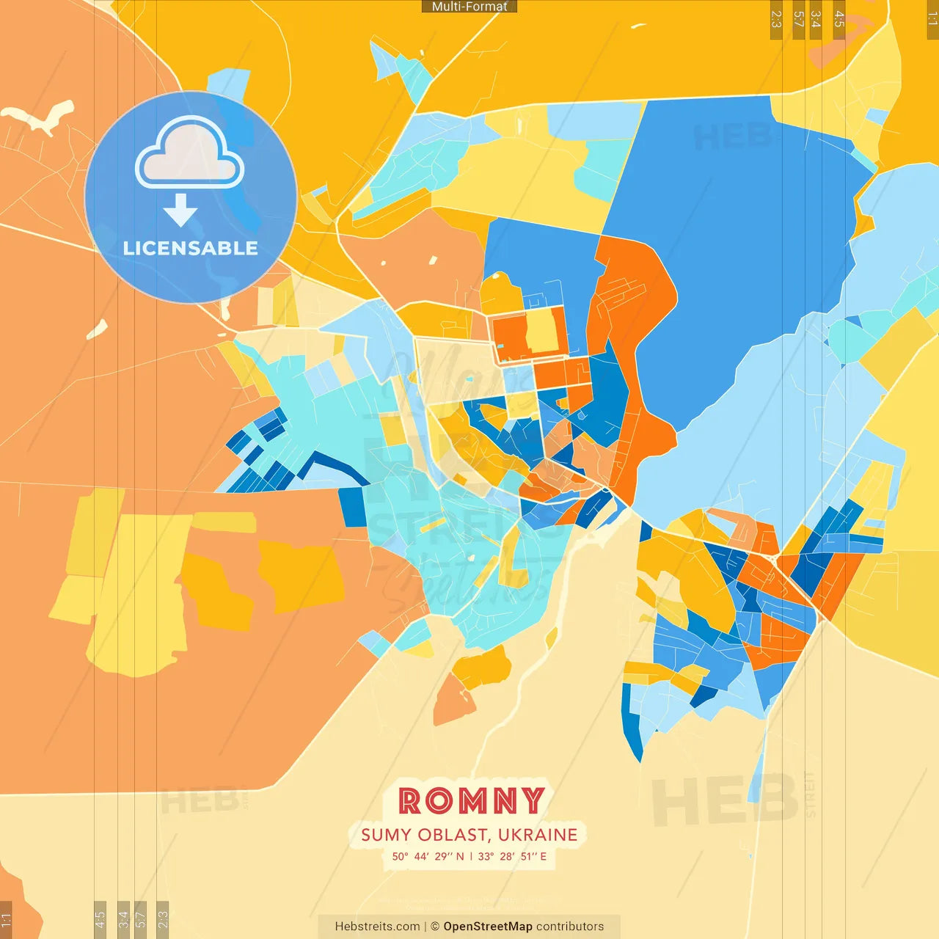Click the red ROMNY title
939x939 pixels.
point(471,801)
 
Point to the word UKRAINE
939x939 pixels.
point(538,835)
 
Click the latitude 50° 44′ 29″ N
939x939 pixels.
point(428,856)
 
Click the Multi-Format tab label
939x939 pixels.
point(469,7)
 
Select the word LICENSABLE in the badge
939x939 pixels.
point(191,248)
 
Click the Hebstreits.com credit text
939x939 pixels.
point(377,927)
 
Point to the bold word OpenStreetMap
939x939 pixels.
point(488,927)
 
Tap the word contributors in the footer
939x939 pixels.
point(570,927)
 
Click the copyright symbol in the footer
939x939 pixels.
point(435,927)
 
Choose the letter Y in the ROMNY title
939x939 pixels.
point(533,801)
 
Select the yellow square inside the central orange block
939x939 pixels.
point(541,332)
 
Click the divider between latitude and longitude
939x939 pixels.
point(471,856)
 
